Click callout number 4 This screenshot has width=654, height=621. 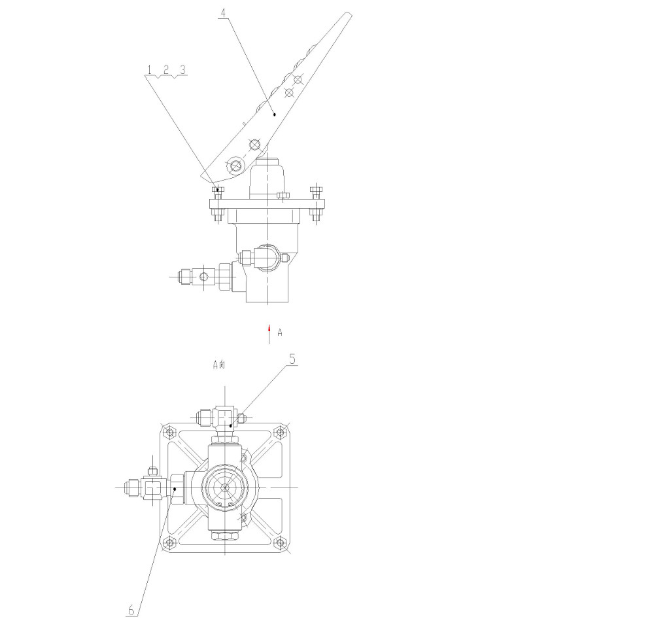(223, 12)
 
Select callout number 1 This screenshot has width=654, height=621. (150, 70)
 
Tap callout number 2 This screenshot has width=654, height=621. (166, 69)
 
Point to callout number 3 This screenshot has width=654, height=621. (182, 69)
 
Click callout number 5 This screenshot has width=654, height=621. (292, 359)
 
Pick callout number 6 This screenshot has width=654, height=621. (131, 610)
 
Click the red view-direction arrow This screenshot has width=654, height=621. (269, 334)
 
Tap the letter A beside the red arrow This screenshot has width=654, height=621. (280, 332)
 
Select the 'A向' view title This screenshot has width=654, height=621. (219, 364)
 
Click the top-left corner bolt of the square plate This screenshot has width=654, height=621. (169, 431)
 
